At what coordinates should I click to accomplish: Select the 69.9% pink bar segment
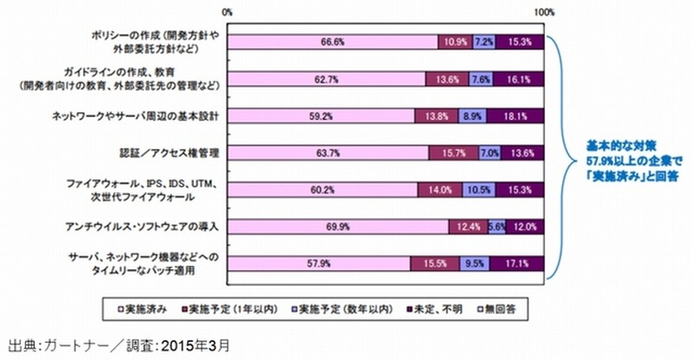(x=338, y=227)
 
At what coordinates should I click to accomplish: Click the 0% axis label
(x=228, y=11)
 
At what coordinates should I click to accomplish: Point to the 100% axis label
(x=544, y=11)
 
